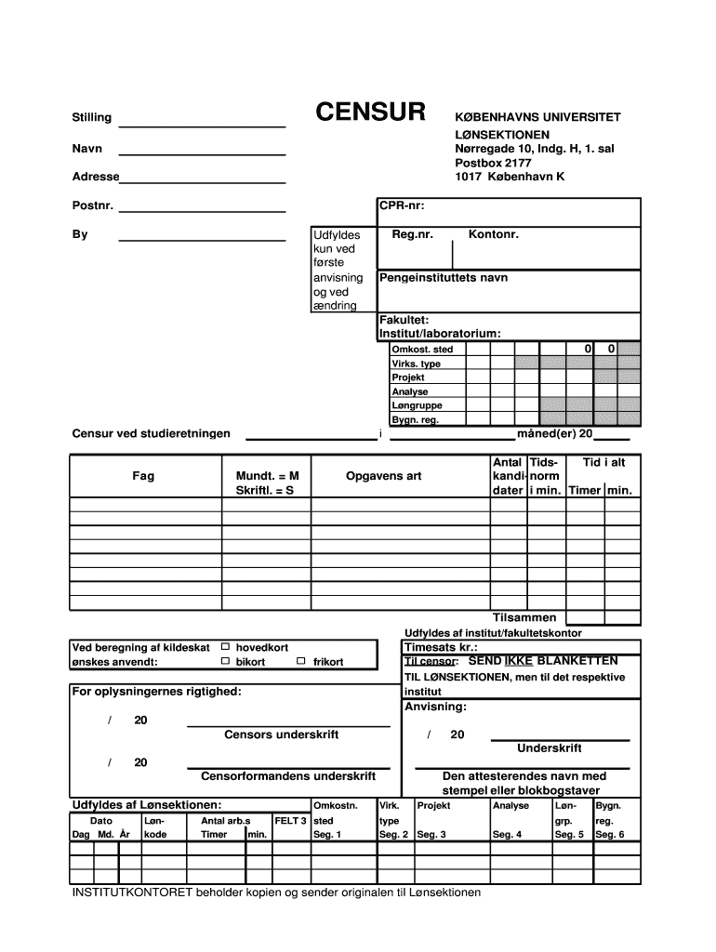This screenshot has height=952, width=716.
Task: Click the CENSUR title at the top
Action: (x=370, y=113)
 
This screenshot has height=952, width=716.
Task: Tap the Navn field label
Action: (x=87, y=149)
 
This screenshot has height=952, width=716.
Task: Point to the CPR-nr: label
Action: (x=402, y=205)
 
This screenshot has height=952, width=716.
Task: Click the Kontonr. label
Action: (x=493, y=234)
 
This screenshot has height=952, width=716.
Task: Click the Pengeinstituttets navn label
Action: (x=443, y=278)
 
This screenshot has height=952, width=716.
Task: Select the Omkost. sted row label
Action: (x=422, y=350)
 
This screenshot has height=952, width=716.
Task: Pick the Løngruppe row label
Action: (x=417, y=405)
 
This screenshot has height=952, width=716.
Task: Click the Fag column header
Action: (x=143, y=476)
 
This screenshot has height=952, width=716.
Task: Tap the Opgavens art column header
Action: (x=383, y=476)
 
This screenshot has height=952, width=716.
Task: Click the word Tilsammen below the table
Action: (x=524, y=617)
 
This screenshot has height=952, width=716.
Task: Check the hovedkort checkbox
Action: (x=224, y=646)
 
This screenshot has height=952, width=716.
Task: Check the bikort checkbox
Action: (x=224, y=661)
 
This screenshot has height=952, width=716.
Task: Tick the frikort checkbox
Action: (x=301, y=661)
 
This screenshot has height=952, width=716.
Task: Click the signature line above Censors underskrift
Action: (x=288, y=725)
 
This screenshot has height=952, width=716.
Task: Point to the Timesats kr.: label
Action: (x=441, y=647)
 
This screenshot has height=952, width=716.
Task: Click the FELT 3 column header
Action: (x=290, y=821)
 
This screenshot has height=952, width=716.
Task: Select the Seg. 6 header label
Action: (x=609, y=835)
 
